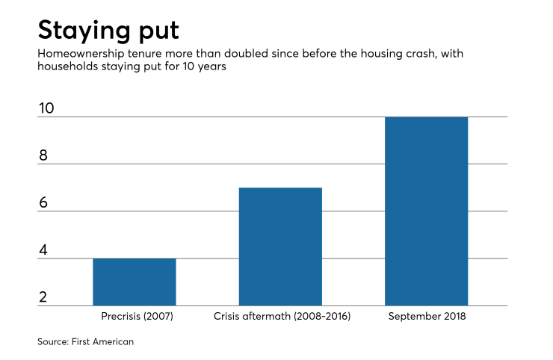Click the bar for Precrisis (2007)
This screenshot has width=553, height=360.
point(135,282)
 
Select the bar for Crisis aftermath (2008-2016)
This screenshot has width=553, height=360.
point(280,246)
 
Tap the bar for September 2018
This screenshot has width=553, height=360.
point(427,211)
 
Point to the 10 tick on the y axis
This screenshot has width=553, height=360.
point(46,108)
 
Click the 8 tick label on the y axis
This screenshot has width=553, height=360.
point(43,155)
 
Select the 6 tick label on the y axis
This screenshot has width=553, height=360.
point(43,203)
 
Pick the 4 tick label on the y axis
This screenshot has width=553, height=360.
point(43,250)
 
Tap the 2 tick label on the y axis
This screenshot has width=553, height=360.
point(43,297)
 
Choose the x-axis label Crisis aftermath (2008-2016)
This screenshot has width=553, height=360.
point(280,317)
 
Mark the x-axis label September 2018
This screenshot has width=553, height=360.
point(427,317)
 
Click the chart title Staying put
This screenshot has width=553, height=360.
point(109,31)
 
